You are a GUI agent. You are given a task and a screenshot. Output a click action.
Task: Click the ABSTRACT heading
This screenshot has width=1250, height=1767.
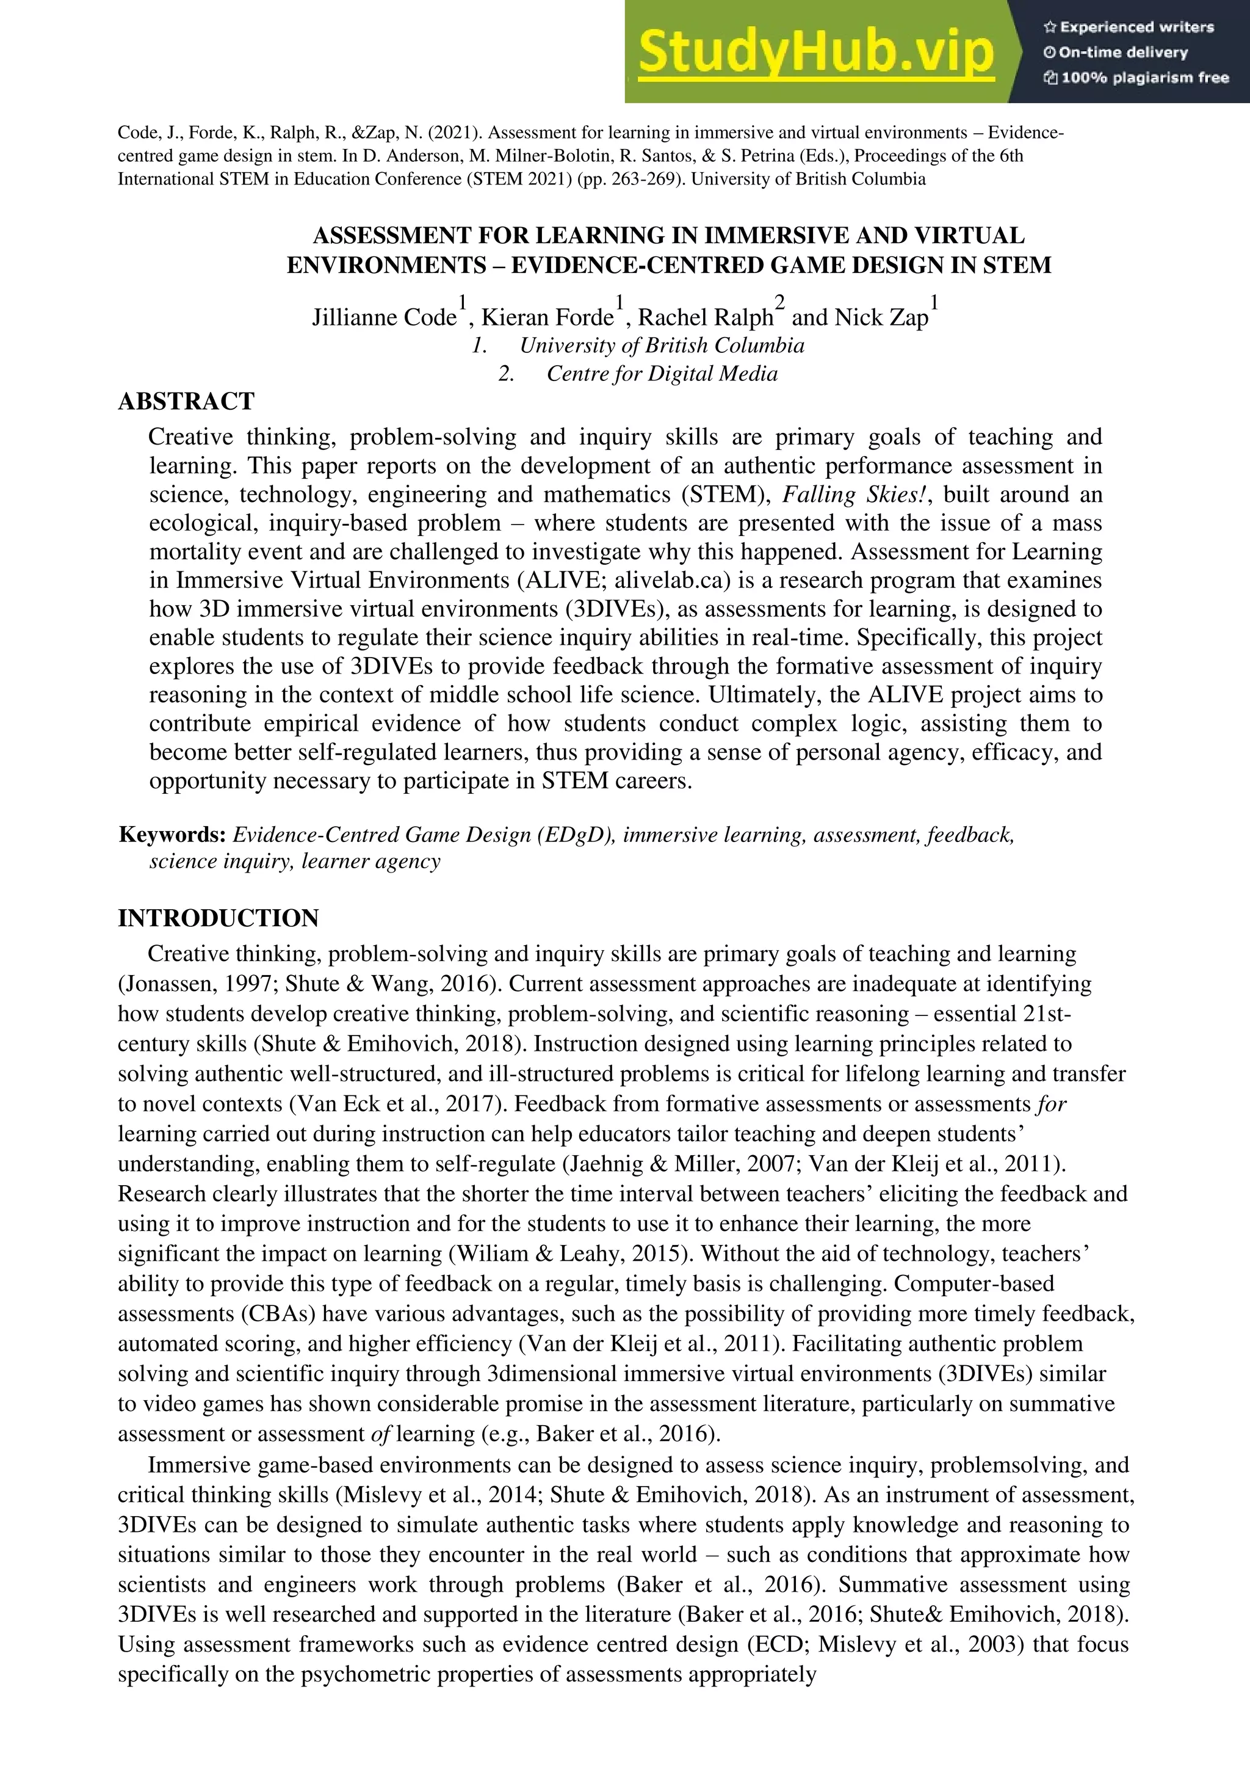click(186, 401)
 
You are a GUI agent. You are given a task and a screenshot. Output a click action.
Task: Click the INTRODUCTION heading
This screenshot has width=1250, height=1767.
click(218, 918)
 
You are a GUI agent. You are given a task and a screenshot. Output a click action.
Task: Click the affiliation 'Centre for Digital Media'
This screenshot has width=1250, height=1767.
click(662, 374)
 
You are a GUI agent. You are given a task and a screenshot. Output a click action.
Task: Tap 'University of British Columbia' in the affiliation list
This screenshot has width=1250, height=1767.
click(662, 345)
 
